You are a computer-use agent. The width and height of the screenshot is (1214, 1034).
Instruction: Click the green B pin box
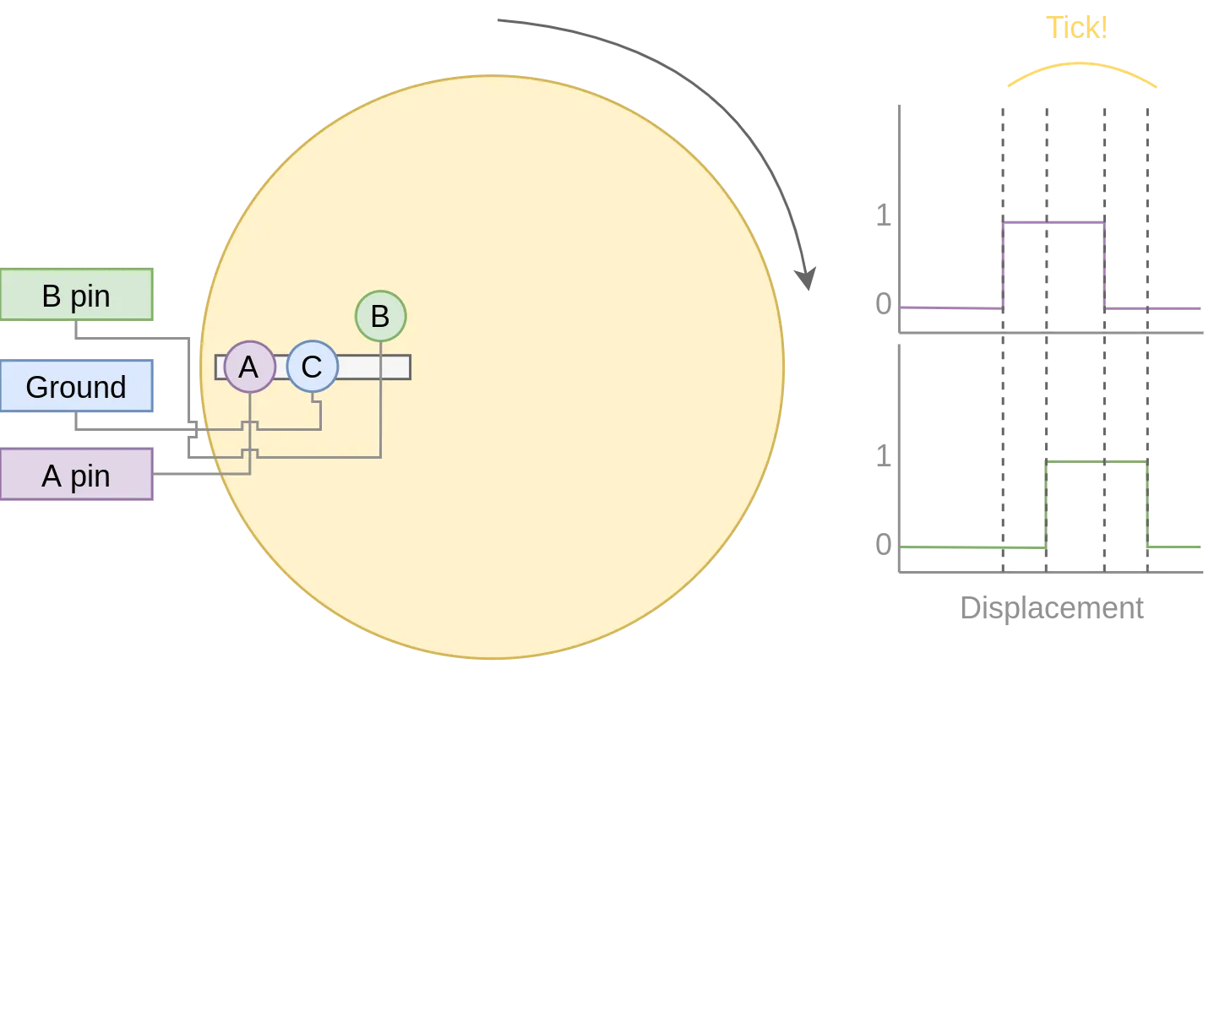pyautogui.click(x=76, y=295)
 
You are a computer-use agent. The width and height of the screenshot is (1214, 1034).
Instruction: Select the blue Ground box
pyautogui.click(x=76, y=387)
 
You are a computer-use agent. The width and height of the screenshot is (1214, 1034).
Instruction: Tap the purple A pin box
pyautogui.click(x=76, y=476)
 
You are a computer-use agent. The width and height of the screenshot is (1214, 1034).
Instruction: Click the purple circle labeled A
pyautogui.click(x=249, y=367)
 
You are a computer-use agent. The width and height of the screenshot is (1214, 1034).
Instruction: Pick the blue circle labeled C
pyautogui.click(x=312, y=367)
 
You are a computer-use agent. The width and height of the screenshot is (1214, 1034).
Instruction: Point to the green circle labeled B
pyautogui.click(x=380, y=316)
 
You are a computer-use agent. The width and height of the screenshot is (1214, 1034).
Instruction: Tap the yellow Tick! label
pyautogui.click(x=1076, y=28)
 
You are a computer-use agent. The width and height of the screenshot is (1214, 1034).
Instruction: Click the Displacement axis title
pyautogui.click(x=1053, y=608)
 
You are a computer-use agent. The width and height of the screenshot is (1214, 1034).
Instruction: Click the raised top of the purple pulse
pyautogui.click(x=1053, y=223)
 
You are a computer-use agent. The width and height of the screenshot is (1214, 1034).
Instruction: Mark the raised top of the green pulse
pyautogui.click(x=1096, y=462)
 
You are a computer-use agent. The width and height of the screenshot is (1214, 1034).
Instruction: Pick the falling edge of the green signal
pyautogui.click(x=1146, y=504)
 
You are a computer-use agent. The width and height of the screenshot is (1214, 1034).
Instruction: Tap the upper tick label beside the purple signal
pyautogui.click(x=883, y=216)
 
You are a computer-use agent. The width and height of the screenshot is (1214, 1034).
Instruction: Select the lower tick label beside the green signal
pyautogui.click(x=884, y=545)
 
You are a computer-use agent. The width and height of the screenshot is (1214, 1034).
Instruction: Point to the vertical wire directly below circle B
pyautogui.click(x=380, y=397)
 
